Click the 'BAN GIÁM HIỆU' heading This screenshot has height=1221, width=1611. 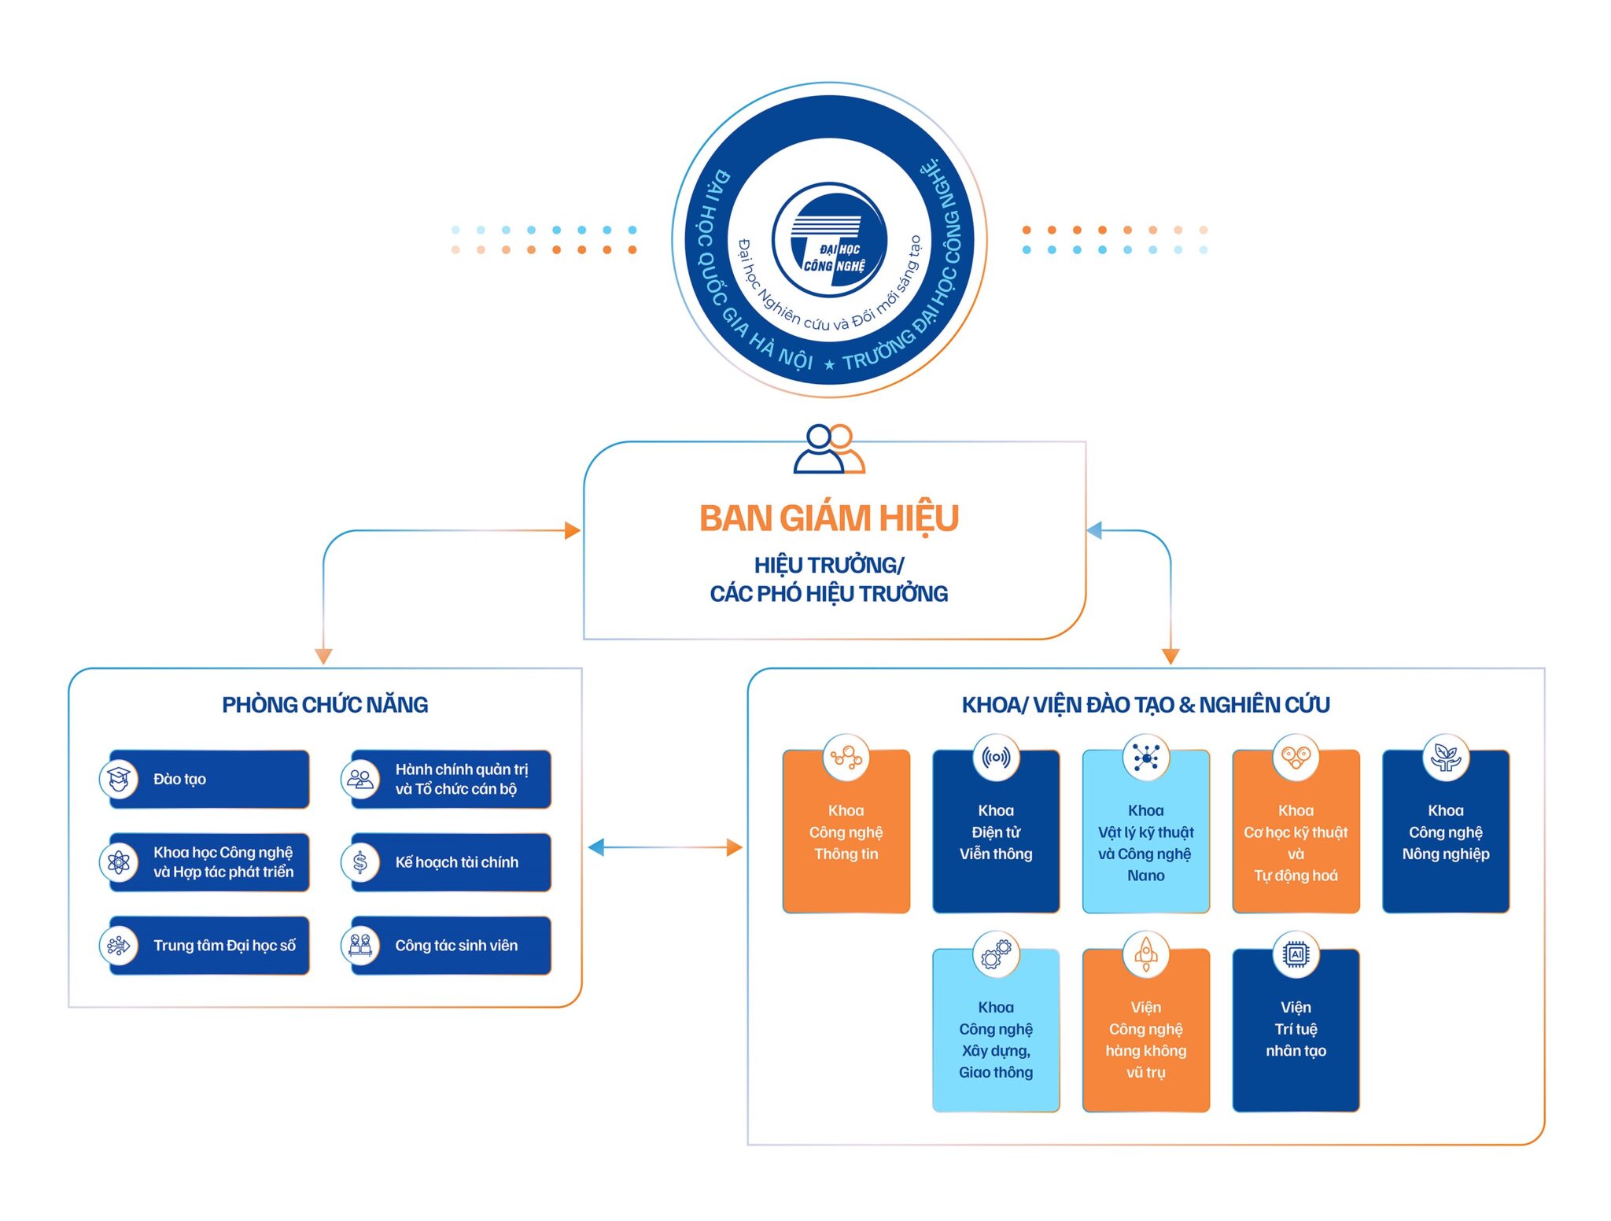point(828,518)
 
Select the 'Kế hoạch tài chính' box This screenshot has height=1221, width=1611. point(456,862)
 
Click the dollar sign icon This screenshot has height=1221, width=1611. point(359,862)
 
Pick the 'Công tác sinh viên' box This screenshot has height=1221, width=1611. point(456,945)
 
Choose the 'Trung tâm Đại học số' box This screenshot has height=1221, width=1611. point(224,945)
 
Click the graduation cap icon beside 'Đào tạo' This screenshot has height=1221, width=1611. point(119,779)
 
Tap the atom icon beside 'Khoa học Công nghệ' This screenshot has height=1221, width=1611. point(119,862)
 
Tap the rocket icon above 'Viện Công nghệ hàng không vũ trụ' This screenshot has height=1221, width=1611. point(1145,954)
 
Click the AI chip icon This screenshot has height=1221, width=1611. point(1296,954)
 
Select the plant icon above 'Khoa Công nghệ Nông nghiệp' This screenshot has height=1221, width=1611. point(1445,757)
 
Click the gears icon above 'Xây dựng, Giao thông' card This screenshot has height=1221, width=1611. point(996,954)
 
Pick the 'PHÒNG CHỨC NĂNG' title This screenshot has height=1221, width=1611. point(325,704)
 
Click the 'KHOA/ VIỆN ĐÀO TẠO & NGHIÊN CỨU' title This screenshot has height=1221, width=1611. point(1145,704)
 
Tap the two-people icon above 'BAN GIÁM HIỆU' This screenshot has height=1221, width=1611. point(828,449)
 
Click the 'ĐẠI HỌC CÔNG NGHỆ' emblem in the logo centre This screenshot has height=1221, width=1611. point(829,240)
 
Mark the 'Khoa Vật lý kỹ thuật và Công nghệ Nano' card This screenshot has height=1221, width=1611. point(1145,842)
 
